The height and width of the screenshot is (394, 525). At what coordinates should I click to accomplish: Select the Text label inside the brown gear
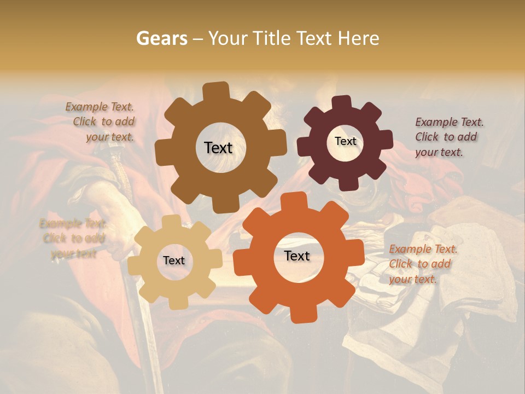tap(218, 148)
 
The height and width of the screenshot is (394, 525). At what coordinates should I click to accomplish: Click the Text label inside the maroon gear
tap(345, 141)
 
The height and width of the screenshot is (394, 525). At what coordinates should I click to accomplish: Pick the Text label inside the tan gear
tap(174, 260)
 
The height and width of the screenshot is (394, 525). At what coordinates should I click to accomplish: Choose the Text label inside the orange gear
tap(297, 256)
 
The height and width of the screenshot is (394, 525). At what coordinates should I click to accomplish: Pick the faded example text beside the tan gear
tap(73, 238)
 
